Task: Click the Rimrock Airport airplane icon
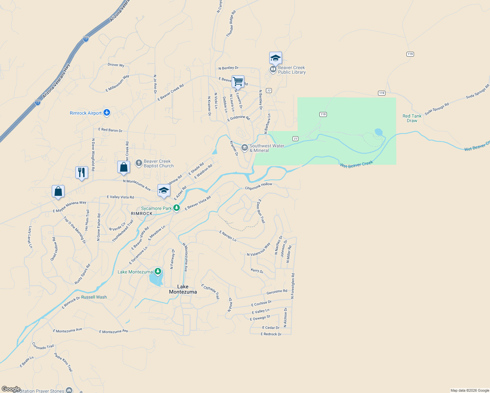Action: (106, 113)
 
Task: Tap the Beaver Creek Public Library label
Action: (292, 70)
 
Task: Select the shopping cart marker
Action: (238, 81)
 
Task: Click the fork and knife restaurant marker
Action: (82, 172)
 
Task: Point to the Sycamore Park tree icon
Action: (177, 208)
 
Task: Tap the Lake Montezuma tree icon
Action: (158, 271)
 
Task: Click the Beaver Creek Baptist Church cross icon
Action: (139, 163)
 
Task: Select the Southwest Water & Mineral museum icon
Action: (244, 148)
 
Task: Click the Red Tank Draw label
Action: (412, 118)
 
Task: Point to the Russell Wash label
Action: (94, 297)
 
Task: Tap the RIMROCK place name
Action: (142, 214)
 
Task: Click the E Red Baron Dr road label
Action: (110, 130)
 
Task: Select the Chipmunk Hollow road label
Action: (258, 186)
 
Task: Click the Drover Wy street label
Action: (116, 65)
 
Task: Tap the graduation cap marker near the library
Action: (275, 58)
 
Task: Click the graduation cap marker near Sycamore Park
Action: (164, 190)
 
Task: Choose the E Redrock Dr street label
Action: (271, 334)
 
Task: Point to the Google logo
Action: (11, 389)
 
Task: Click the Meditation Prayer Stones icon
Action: (69, 390)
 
